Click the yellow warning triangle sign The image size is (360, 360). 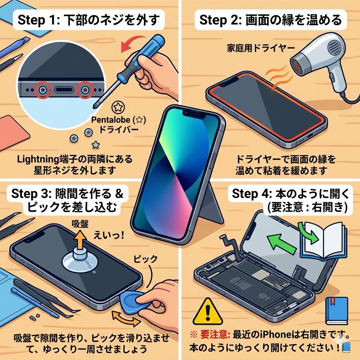click(208, 313)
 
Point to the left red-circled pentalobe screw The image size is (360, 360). click(43, 90)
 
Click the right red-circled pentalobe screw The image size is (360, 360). click(85, 90)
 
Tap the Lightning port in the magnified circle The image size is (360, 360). click(64, 90)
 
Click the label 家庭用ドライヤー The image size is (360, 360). click(261, 48)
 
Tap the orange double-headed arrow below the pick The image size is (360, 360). click(126, 319)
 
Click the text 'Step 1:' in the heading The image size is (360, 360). click(39, 20)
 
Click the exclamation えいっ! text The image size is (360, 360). click(109, 235)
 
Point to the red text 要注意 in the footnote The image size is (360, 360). click(215, 335)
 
